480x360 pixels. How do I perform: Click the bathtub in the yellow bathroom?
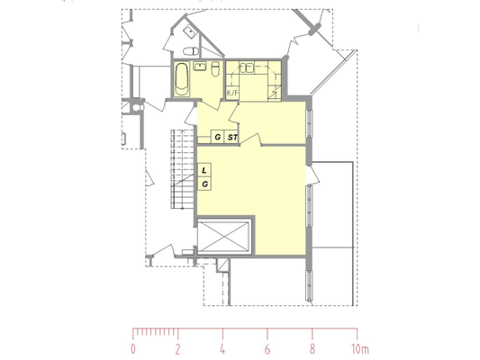182,79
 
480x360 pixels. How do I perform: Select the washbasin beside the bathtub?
200,66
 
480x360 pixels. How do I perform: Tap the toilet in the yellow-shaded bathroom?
216,68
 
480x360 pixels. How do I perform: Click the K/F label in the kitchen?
232,93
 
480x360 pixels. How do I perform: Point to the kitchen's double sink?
246,67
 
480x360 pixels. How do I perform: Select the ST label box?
232,137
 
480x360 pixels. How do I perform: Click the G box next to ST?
218,137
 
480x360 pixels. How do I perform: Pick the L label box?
204,170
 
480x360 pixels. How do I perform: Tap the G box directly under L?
204,184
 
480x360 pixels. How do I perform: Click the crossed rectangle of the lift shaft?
223,237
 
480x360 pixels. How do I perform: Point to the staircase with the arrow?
183,169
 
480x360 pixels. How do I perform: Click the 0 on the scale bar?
133,349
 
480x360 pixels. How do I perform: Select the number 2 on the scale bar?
177,349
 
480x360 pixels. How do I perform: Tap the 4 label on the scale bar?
222,349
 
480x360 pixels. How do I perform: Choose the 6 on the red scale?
267,349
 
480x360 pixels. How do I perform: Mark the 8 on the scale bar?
312,349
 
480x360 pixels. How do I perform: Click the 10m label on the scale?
360,349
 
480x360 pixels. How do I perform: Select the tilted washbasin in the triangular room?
190,31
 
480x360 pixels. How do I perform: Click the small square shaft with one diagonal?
223,265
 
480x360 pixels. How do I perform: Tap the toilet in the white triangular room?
191,50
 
